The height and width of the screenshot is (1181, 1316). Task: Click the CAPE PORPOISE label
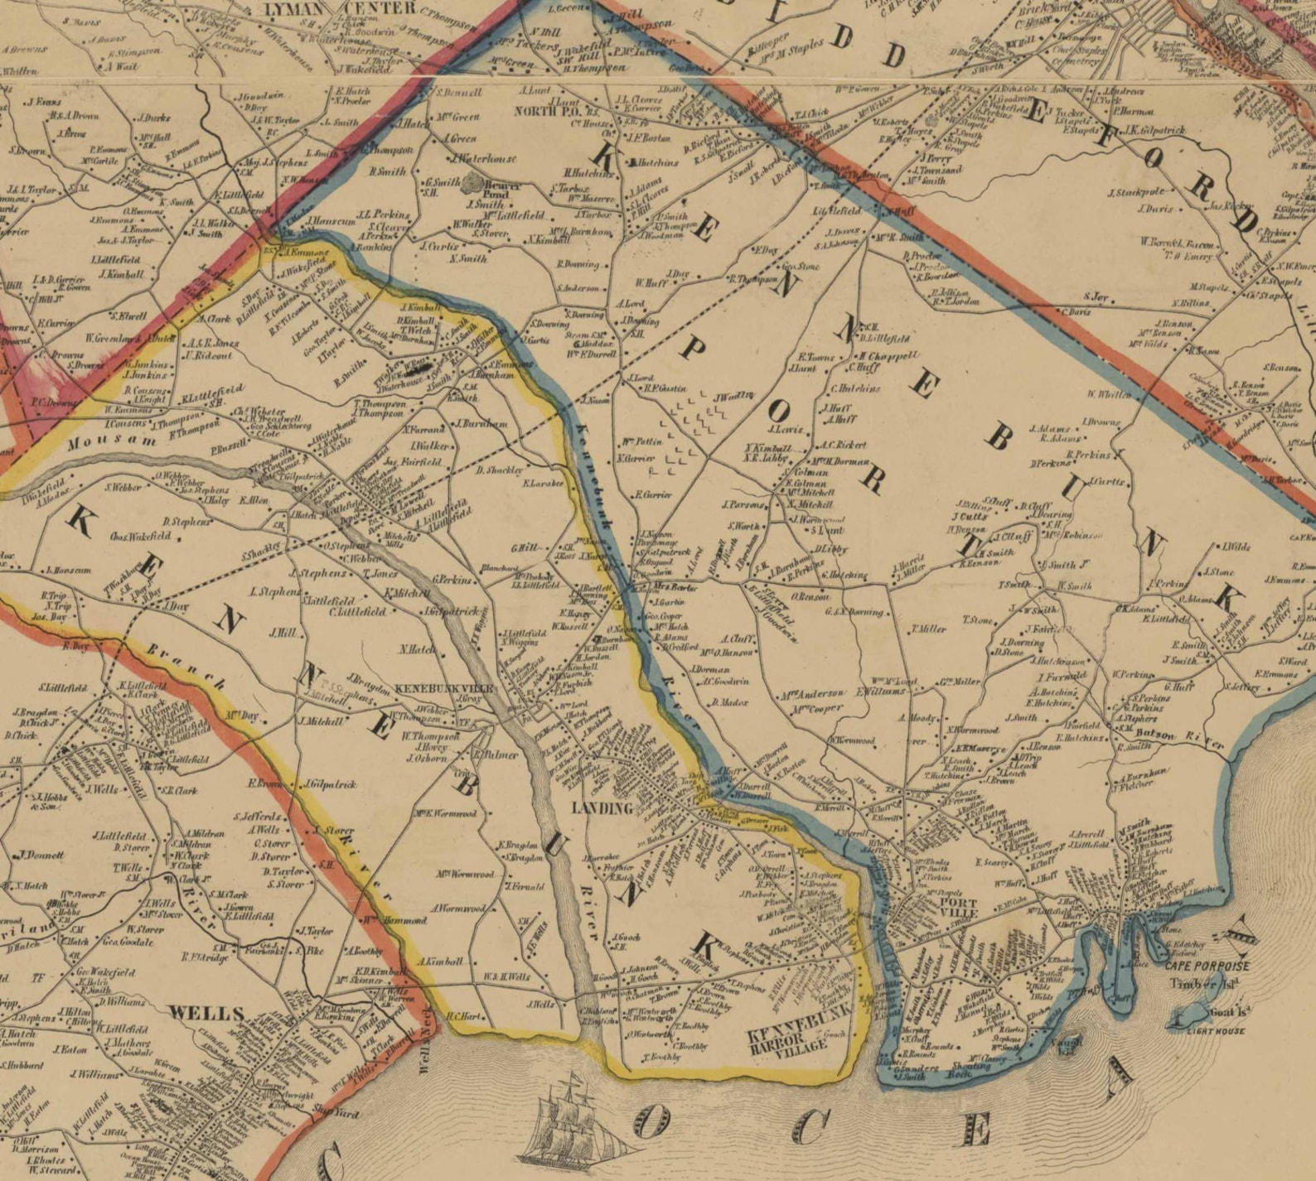[1206, 966]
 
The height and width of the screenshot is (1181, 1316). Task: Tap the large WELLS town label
[206, 1013]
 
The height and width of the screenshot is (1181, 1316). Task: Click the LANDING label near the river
[602, 807]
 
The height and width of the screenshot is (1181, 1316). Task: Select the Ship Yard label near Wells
[335, 1113]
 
